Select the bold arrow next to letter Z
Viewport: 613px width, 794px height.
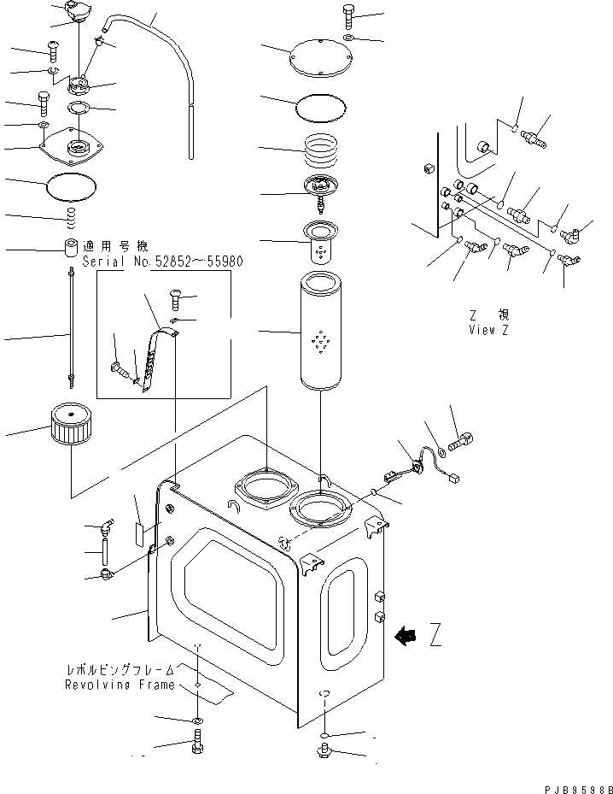tap(406, 635)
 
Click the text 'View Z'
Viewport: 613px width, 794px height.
tap(488, 330)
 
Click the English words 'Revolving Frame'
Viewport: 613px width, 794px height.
tap(120, 685)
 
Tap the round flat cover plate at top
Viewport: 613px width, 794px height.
tap(321, 56)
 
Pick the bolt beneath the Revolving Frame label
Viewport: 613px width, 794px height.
tap(197, 746)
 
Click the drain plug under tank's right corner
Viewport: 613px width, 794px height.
tap(324, 752)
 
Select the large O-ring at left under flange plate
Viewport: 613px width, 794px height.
tap(73, 182)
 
